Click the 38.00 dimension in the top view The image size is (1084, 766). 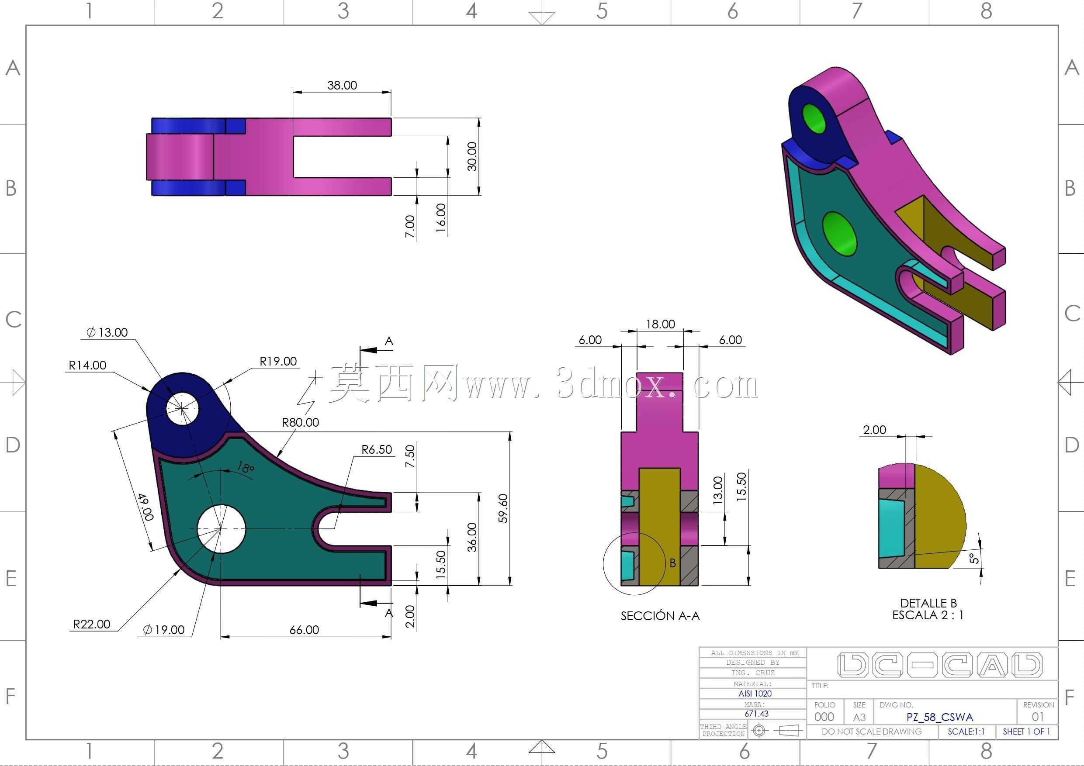pyautogui.click(x=342, y=86)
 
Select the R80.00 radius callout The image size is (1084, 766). pyautogui.click(x=300, y=422)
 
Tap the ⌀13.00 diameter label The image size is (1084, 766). pyautogui.click(x=107, y=332)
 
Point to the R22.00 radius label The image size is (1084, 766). pyautogui.click(x=92, y=624)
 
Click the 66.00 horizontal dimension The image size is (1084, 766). pyautogui.click(x=304, y=630)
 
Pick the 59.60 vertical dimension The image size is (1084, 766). pyautogui.click(x=503, y=508)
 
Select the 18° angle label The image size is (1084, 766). pyautogui.click(x=246, y=468)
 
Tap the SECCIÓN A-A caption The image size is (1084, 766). pyautogui.click(x=660, y=616)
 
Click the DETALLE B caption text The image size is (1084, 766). pyautogui.click(x=928, y=603)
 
